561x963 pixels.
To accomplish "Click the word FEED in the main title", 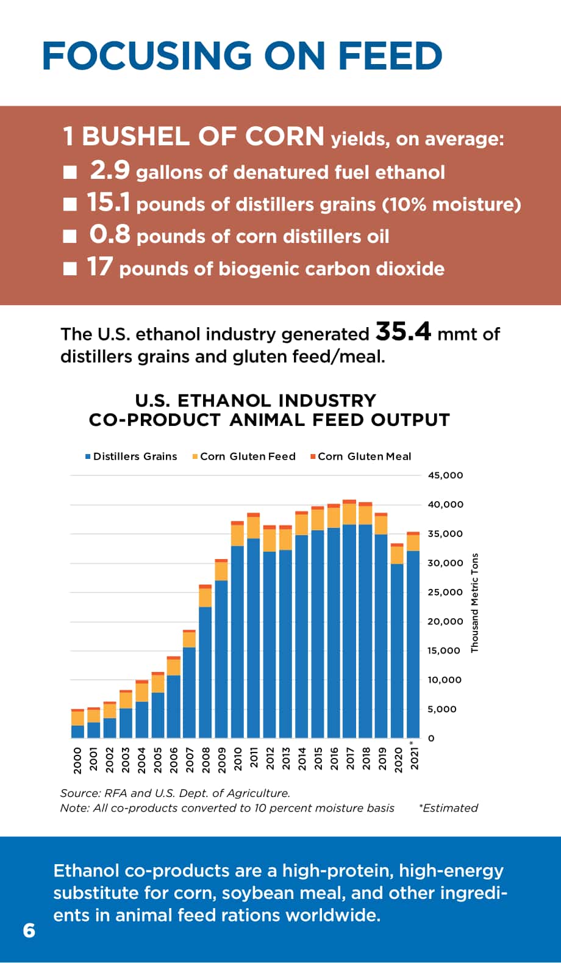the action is point(390,56).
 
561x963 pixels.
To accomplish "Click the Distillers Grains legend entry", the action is point(131,456).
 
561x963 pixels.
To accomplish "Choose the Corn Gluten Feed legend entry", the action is point(244,456).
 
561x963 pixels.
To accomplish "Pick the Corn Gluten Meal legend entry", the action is point(361,456).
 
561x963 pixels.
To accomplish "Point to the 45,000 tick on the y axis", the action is point(446,475).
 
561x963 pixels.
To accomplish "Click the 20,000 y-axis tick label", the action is point(446,621).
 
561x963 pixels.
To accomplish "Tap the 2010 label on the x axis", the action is point(238,759).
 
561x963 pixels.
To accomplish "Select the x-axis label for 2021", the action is point(414,757).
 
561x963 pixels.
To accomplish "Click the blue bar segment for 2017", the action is point(349,631).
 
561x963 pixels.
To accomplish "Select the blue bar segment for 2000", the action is point(78,732).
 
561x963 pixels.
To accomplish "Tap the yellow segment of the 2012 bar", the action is point(270,541).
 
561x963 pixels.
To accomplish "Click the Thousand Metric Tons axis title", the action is point(474,603).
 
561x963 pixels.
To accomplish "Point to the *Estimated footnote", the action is point(448,808).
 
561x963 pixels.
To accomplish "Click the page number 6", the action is point(29,930).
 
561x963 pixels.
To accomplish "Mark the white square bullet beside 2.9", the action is point(70,173).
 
